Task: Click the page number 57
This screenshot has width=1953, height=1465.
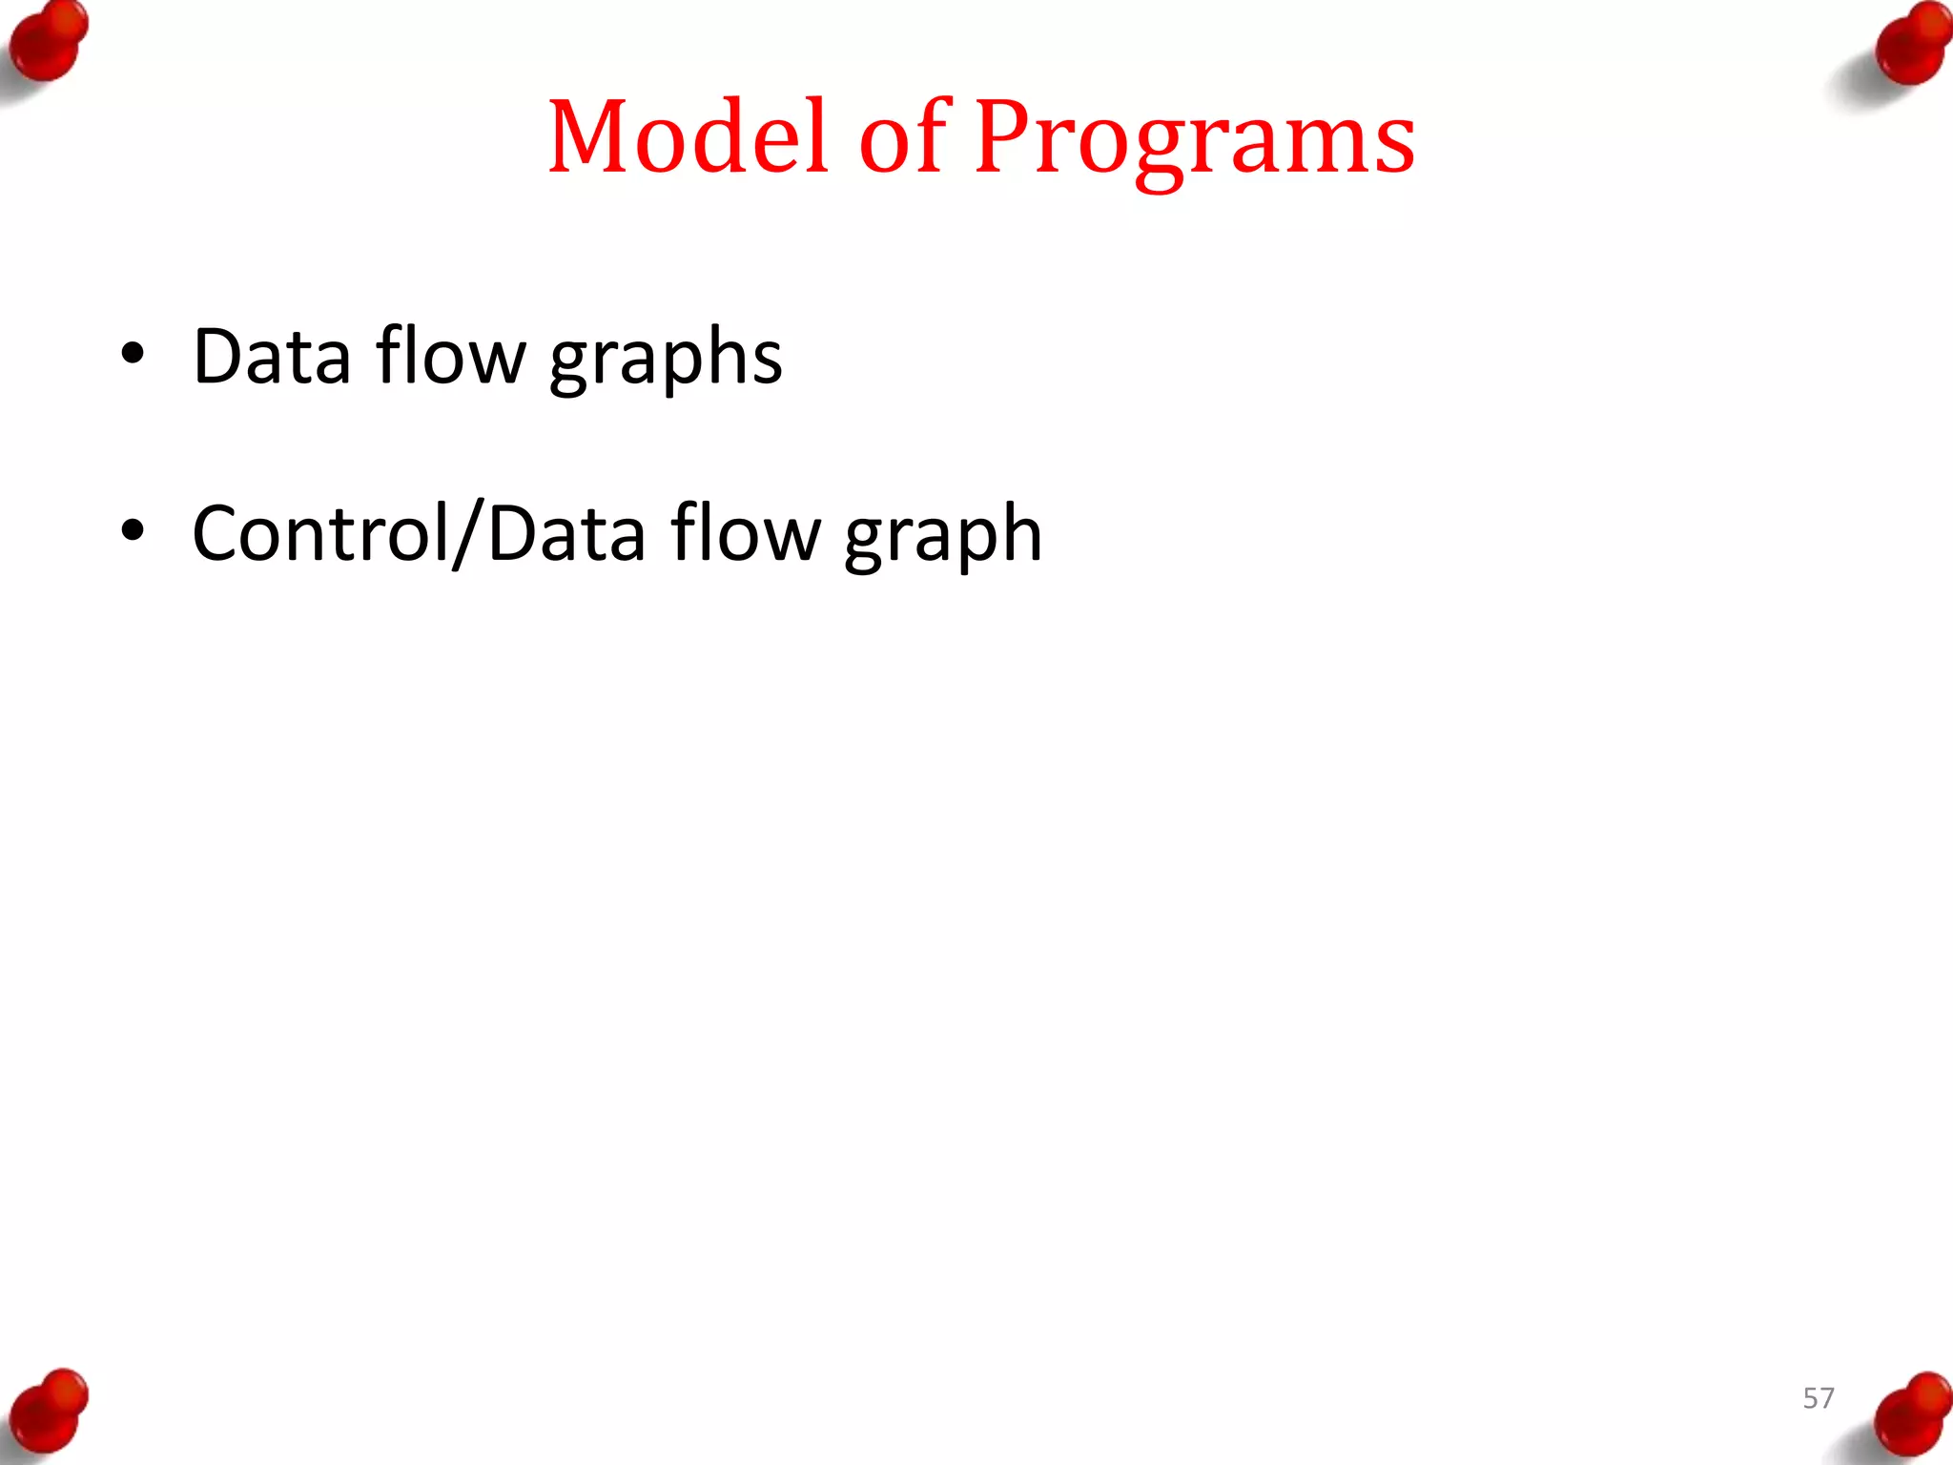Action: point(1819,1398)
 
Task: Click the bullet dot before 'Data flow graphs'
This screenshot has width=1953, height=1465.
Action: point(133,355)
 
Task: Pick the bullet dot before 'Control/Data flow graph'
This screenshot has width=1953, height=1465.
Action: point(133,531)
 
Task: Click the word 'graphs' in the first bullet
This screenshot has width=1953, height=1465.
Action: point(666,359)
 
